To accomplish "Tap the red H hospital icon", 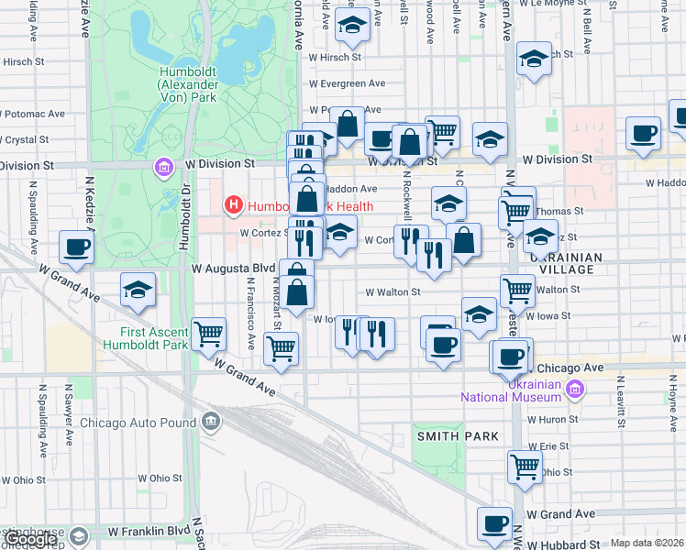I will pyautogui.click(x=234, y=206).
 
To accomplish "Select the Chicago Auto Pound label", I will pyautogui.click(x=138, y=423).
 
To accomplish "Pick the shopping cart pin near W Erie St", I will pyautogui.click(x=526, y=466).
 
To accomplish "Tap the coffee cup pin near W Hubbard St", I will pyautogui.click(x=495, y=523).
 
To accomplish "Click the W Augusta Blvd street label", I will pyautogui.click(x=233, y=269).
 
